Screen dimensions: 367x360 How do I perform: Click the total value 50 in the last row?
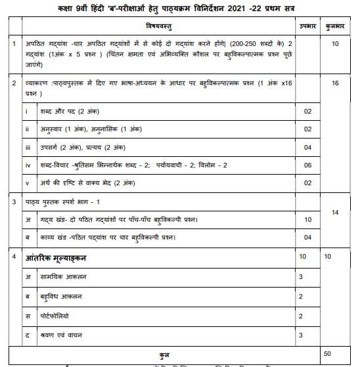point(327,353)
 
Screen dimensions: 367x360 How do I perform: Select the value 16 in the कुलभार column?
point(336,83)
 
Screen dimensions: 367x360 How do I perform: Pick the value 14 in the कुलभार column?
point(335,212)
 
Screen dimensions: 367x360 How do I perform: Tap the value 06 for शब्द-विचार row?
point(307,165)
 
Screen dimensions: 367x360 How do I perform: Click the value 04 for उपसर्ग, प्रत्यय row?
point(307,147)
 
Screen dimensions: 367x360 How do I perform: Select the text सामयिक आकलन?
point(56,277)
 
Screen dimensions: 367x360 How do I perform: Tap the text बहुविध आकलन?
point(53,297)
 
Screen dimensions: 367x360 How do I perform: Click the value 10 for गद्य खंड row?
point(307,219)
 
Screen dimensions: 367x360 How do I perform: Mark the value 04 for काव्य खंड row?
point(307,237)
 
